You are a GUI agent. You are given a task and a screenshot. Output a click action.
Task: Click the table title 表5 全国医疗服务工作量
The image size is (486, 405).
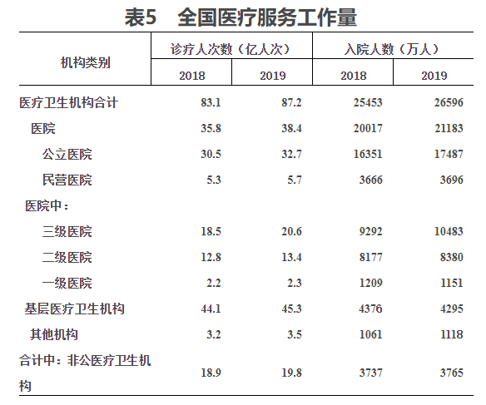point(241,17)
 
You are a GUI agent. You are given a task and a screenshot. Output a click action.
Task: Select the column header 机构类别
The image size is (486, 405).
point(86,63)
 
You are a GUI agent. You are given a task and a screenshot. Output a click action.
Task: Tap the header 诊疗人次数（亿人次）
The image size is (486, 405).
point(231,49)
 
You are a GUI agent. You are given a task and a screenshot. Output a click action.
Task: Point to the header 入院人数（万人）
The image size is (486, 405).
point(392,49)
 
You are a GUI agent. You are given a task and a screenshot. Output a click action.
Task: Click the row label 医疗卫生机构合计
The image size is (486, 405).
point(68,102)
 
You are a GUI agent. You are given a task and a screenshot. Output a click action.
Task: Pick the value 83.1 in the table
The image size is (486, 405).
point(211,102)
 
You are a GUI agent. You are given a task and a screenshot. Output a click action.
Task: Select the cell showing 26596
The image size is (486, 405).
point(449,102)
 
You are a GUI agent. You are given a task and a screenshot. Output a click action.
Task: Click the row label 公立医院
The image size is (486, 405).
point(67,154)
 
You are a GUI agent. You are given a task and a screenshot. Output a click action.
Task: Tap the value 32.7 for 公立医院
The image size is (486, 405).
point(291,154)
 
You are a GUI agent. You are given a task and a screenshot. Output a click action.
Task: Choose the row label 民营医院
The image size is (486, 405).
point(67,180)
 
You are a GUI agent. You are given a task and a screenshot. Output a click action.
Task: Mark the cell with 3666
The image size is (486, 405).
point(370,180)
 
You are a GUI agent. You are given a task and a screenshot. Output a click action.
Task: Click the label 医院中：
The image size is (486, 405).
point(47,206)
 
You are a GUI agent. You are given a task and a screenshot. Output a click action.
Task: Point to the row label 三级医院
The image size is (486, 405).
point(67,231)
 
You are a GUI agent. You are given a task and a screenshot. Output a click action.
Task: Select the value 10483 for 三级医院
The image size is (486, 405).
point(449,231)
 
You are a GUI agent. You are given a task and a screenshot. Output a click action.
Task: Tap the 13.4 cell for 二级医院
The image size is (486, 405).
point(291,257)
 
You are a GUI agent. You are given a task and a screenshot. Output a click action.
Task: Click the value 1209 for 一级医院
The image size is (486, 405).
point(370,283)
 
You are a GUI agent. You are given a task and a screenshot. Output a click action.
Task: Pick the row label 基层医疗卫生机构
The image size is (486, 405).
point(74,309)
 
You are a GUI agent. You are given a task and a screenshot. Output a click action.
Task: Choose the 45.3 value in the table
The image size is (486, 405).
point(291,309)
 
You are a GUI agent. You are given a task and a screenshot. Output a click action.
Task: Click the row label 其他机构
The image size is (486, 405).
point(54,334)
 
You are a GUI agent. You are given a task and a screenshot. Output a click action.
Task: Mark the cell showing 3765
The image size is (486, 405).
point(452,373)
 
